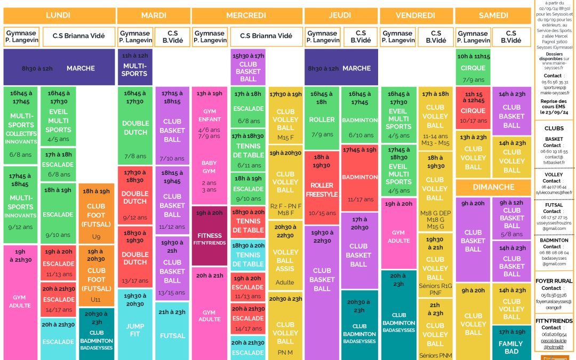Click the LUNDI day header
tap(58, 15)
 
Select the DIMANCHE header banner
tap(493, 187)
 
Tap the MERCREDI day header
tap(246, 15)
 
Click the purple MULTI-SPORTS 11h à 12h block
tap(134, 67)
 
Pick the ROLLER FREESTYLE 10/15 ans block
tap(322, 189)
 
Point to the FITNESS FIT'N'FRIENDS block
tap(210, 236)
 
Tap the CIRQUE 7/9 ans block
tap(473, 67)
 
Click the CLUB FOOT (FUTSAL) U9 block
tap(96, 213)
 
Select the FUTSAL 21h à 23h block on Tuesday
tap(172, 331)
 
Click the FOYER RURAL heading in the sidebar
tap(554, 281)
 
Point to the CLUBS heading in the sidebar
tap(554, 129)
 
